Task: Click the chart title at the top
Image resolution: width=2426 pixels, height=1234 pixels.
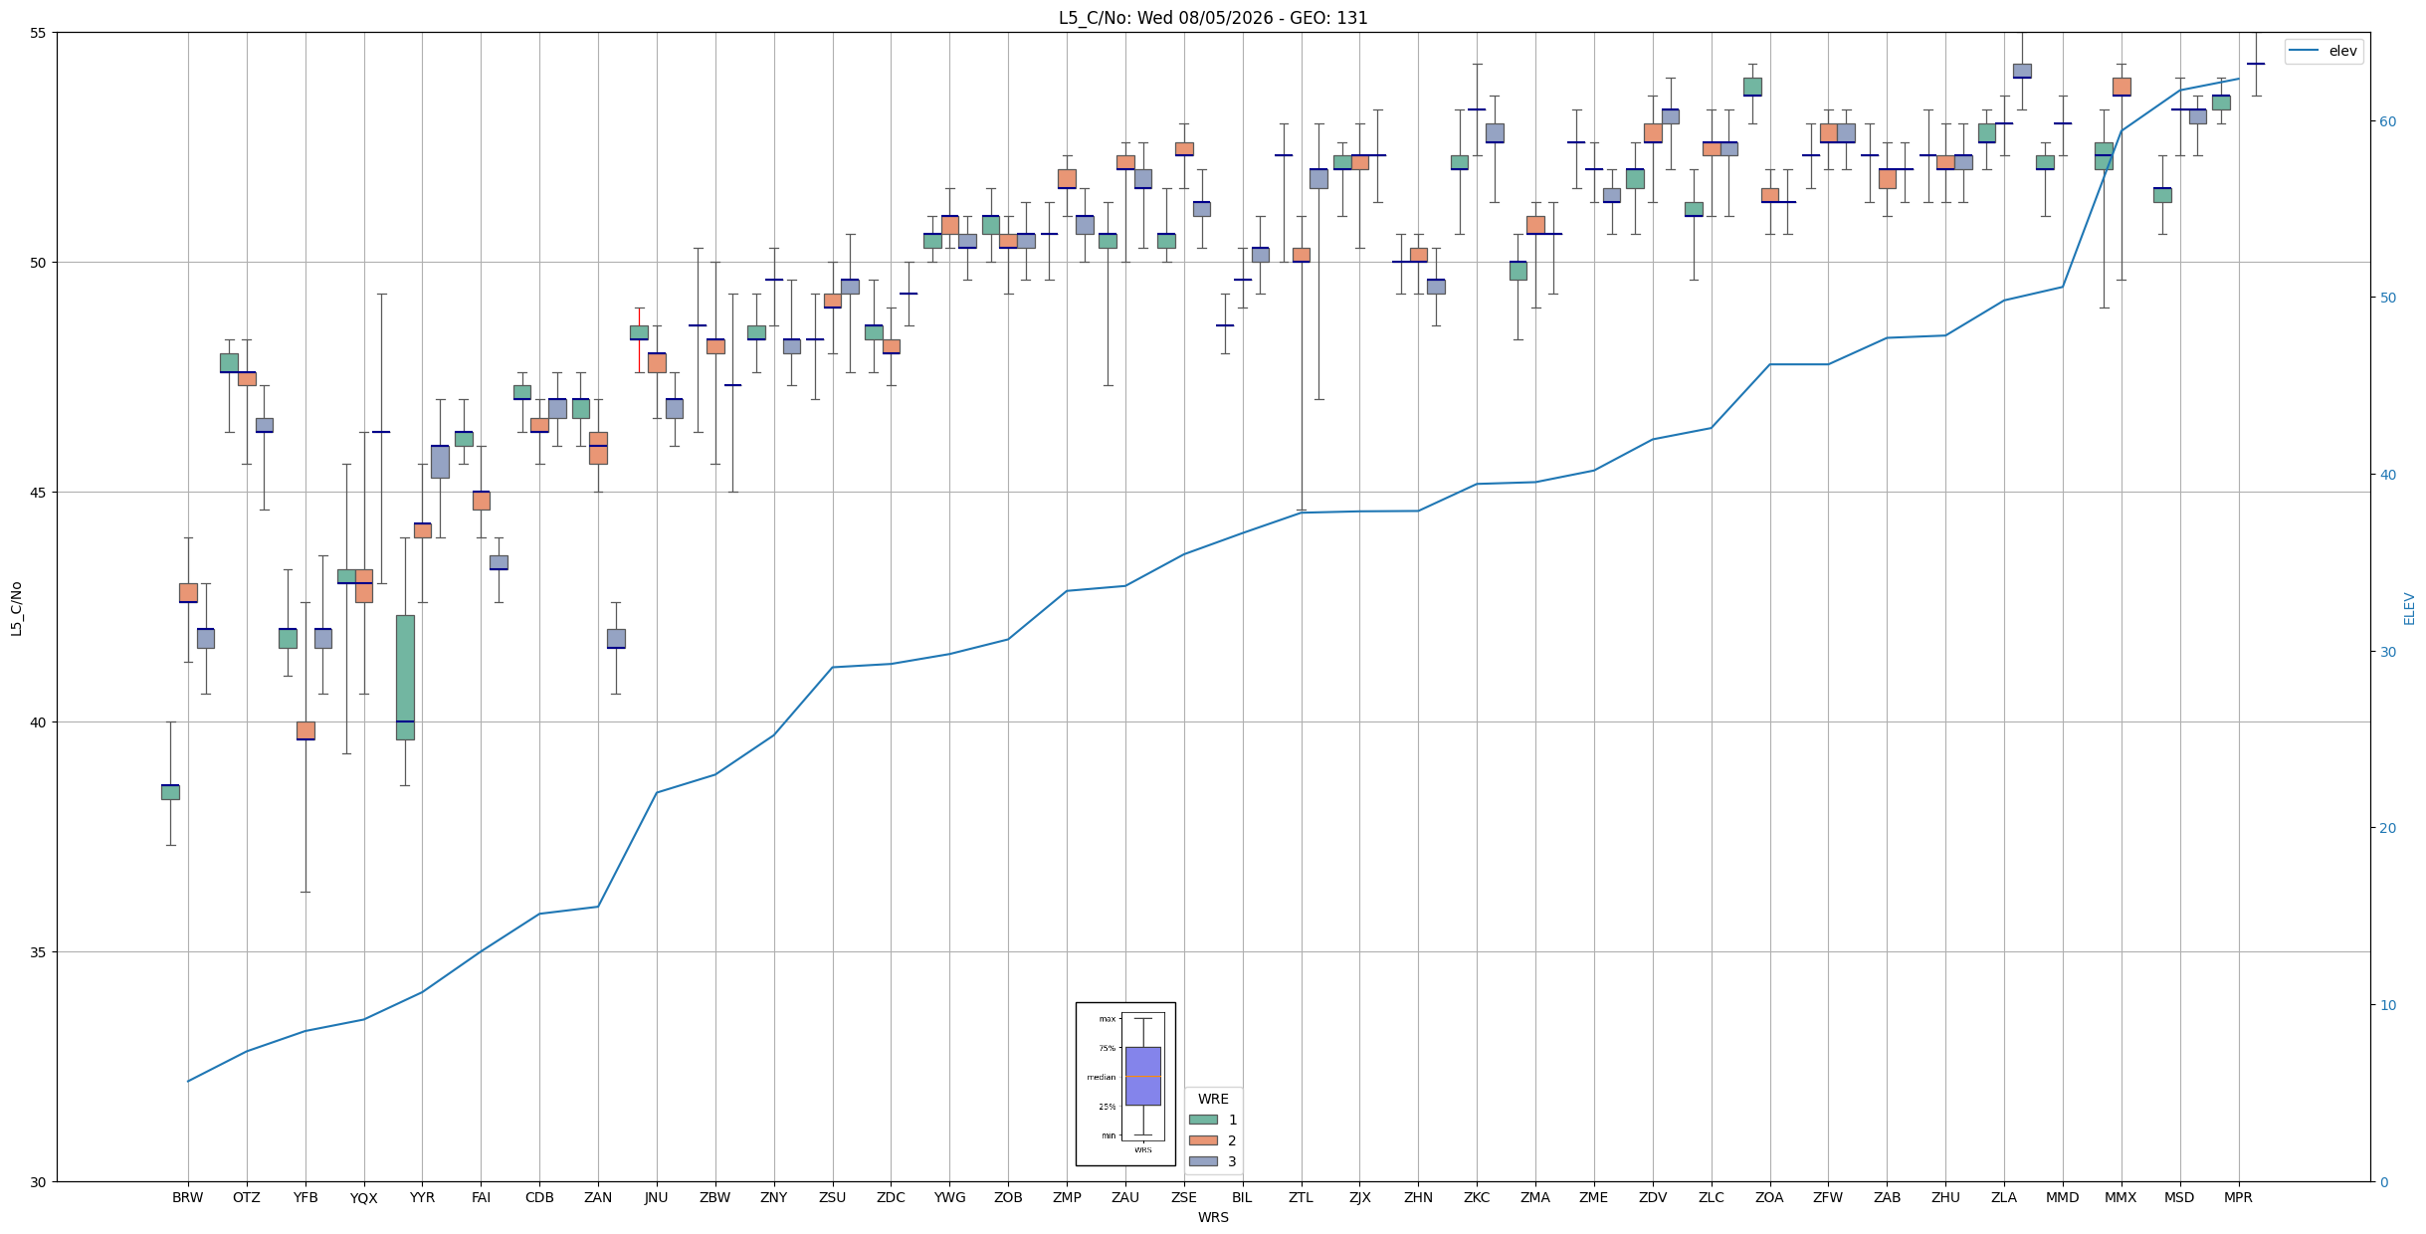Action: [x=1213, y=18]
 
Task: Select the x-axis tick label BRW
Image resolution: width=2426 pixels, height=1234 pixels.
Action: [x=187, y=1197]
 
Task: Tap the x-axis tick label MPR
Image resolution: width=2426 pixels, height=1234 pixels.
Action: [x=2238, y=1197]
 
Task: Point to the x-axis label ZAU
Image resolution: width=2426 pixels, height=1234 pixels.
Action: [x=1125, y=1197]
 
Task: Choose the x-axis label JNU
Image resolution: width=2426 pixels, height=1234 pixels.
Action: [x=657, y=1197]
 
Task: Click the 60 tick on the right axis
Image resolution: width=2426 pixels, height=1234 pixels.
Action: [x=2387, y=121]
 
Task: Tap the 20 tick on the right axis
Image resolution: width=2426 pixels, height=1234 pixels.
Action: [x=2387, y=828]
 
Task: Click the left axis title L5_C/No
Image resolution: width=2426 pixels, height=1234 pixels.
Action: [x=16, y=608]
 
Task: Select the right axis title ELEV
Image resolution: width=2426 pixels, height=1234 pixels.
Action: [x=2409, y=608]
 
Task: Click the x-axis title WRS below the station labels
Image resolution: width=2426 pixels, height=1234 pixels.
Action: [x=1213, y=1217]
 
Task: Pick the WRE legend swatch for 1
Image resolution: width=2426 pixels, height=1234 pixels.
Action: [x=1203, y=1120]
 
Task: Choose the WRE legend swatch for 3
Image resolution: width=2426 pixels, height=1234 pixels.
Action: [x=1203, y=1161]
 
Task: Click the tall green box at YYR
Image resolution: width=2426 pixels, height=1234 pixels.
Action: [x=405, y=677]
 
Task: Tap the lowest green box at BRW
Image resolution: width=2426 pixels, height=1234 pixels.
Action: [x=170, y=792]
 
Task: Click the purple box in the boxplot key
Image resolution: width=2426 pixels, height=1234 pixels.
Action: [x=1142, y=1076]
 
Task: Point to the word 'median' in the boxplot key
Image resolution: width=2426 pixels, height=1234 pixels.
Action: [x=1101, y=1077]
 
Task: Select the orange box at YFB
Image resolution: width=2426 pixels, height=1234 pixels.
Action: [x=305, y=730]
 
